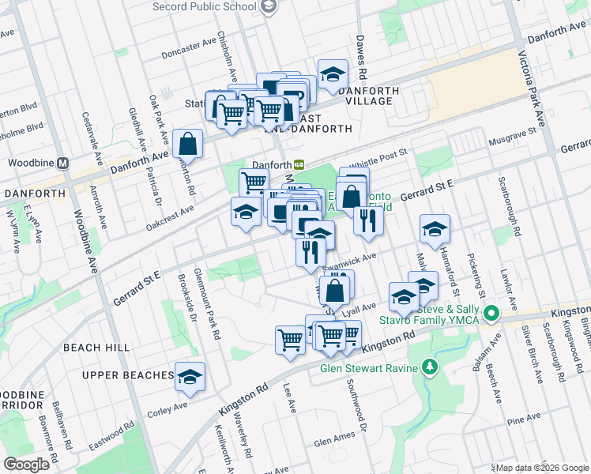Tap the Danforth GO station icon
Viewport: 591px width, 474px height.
299,164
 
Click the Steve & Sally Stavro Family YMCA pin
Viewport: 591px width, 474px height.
493,314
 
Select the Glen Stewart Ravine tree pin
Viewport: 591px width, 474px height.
429,367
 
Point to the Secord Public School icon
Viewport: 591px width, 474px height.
269,6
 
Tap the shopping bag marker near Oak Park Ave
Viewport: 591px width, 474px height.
188,144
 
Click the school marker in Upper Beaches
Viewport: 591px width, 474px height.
190,377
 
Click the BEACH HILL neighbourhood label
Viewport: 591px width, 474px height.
93,348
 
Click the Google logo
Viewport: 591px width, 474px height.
26,464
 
